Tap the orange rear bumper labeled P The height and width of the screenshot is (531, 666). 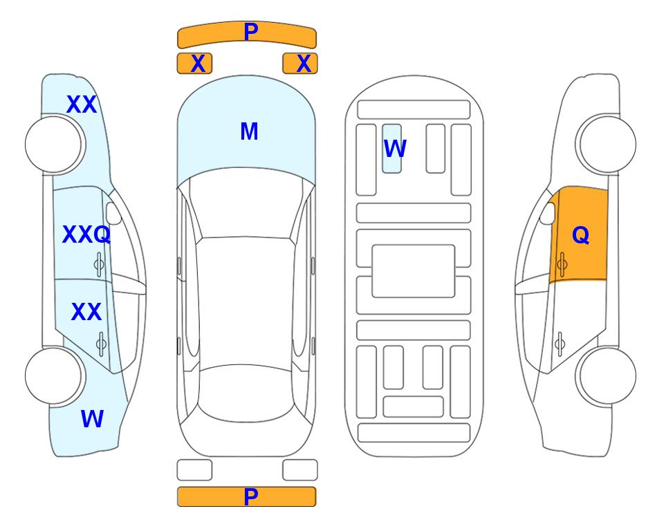pyautogui.click(x=247, y=496)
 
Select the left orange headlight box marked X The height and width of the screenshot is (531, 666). pyautogui.click(x=194, y=64)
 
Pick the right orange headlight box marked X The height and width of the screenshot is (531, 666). pyautogui.click(x=300, y=64)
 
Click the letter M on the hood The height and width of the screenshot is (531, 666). pyautogui.click(x=249, y=131)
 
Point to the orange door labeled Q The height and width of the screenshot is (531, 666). pyautogui.click(x=578, y=234)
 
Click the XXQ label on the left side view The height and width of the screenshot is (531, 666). pyautogui.click(x=86, y=234)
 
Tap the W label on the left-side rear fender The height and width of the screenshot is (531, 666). pyautogui.click(x=92, y=419)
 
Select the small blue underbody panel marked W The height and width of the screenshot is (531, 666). pyautogui.click(x=391, y=149)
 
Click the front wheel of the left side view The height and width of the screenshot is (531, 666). pyautogui.click(x=53, y=145)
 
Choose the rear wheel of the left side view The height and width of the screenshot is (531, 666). pyautogui.click(x=53, y=375)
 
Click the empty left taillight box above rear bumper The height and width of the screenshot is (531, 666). pyautogui.click(x=194, y=470)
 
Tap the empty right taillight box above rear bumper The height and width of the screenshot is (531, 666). pyautogui.click(x=300, y=470)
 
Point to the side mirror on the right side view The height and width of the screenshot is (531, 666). pyautogui.click(x=548, y=213)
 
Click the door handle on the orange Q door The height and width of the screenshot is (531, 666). pyautogui.click(x=562, y=264)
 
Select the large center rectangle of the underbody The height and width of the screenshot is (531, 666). pyautogui.click(x=414, y=271)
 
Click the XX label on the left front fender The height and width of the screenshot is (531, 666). pyautogui.click(x=82, y=104)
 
